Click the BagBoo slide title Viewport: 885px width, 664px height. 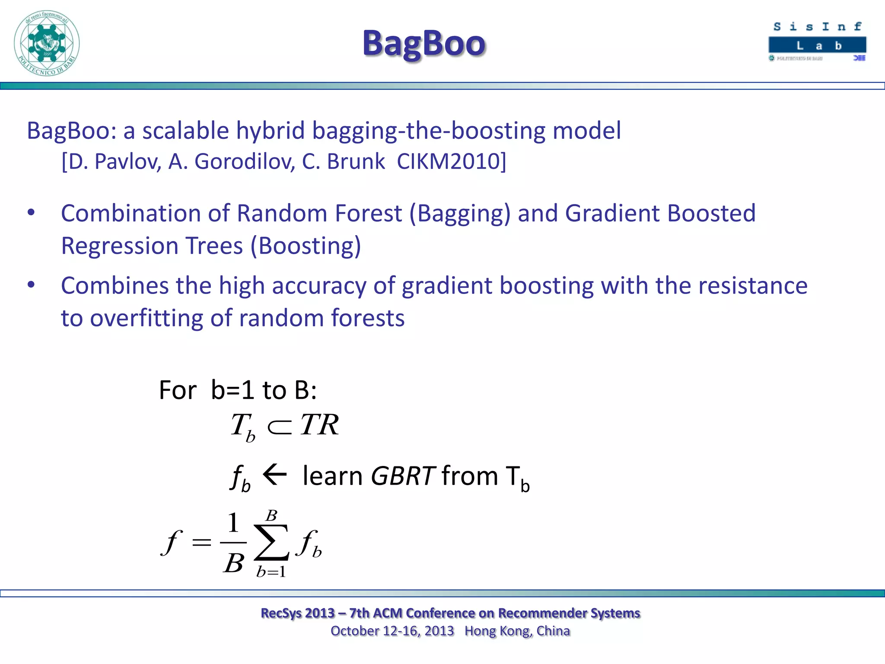(424, 44)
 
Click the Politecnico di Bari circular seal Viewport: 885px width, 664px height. (47, 43)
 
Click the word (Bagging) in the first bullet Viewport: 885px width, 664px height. (460, 214)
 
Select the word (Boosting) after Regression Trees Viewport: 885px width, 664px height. (306, 246)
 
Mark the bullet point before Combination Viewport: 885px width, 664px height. (31, 212)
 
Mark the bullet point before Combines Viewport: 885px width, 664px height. (31, 285)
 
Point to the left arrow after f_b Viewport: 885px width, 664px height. (275, 475)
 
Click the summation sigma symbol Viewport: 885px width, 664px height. (271, 542)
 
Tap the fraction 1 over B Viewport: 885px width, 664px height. (233, 543)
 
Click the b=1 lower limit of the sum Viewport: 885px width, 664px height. (271, 572)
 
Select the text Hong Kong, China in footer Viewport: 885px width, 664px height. (517, 631)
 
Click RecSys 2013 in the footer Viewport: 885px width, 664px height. (298, 613)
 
